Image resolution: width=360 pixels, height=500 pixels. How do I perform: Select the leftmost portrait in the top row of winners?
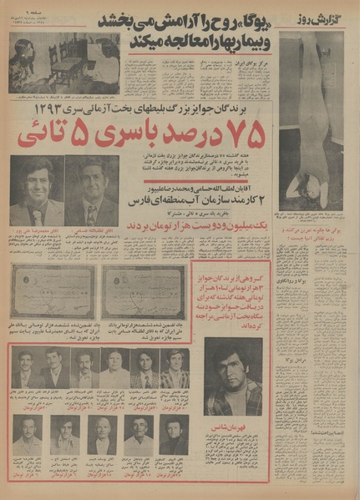tap(28, 368)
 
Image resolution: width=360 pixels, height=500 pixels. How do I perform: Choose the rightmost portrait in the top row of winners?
tap(174, 368)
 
